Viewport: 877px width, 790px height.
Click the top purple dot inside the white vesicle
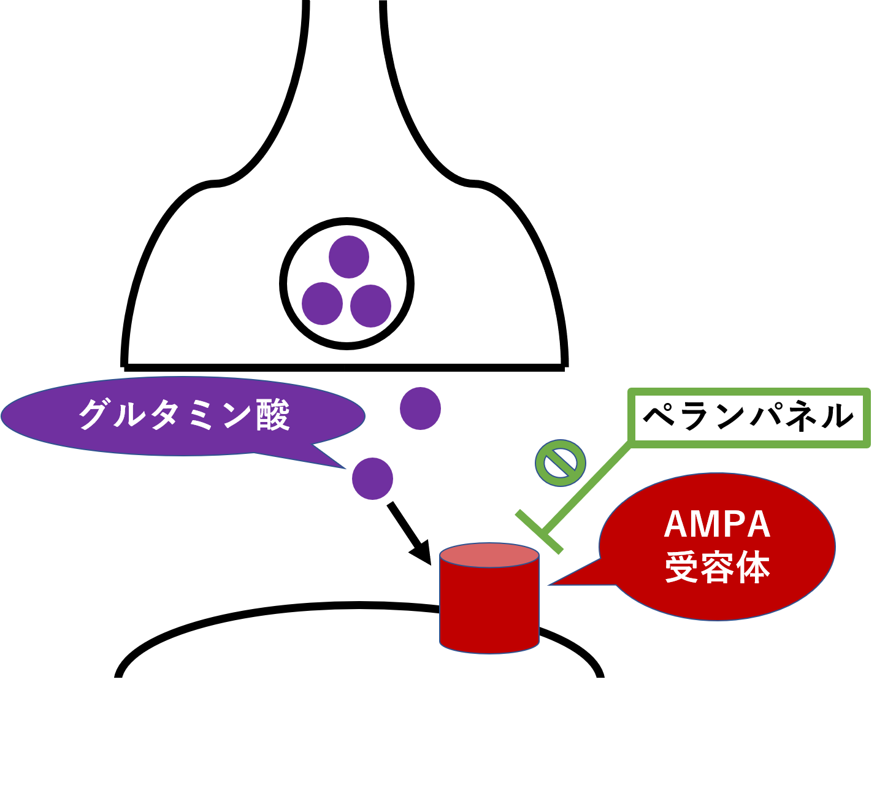[348, 257]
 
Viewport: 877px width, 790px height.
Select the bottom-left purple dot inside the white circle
[322, 304]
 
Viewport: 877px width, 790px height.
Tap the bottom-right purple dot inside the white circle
[370, 306]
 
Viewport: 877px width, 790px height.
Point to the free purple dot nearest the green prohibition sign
[420, 408]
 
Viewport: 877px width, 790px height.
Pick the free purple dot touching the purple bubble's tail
[372, 478]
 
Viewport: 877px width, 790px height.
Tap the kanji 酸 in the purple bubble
[273, 415]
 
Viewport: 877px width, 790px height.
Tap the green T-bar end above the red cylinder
[539, 532]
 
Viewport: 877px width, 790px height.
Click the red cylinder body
[489, 607]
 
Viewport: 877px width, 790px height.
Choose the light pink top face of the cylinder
[489, 555]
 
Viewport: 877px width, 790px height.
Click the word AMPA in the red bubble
[717, 524]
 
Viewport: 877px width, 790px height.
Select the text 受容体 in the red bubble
[717, 568]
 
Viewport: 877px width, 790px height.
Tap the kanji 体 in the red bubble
[754, 568]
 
